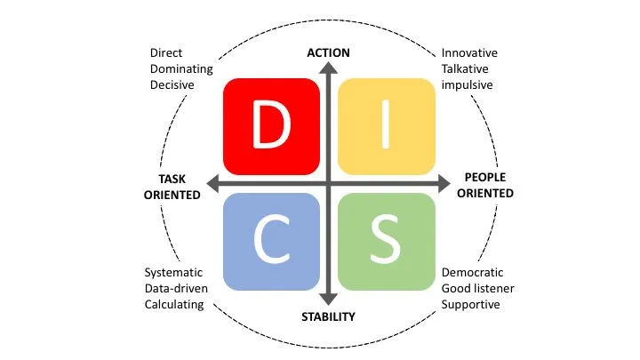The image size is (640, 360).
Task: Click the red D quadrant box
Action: pos(271,126)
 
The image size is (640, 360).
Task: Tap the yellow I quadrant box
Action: pos(387,126)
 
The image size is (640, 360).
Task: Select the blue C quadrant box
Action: pos(271,242)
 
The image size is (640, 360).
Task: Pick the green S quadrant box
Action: pos(387,242)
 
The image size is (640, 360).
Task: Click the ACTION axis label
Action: pos(329,53)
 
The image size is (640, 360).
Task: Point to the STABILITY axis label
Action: pos(329,316)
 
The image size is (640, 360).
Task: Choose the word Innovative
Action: pos(469,52)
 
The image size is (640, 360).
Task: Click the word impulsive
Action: pos(467,84)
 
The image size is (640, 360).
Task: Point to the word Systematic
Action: pos(173,272)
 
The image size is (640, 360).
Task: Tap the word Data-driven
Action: pos(174,288)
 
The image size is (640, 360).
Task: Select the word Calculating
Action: pos(174,304)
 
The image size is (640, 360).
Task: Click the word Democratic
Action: pos(473,272)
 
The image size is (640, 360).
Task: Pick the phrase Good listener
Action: pos(478,288)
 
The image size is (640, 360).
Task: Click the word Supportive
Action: pos(471,304)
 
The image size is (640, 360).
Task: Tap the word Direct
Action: pos(166,52)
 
